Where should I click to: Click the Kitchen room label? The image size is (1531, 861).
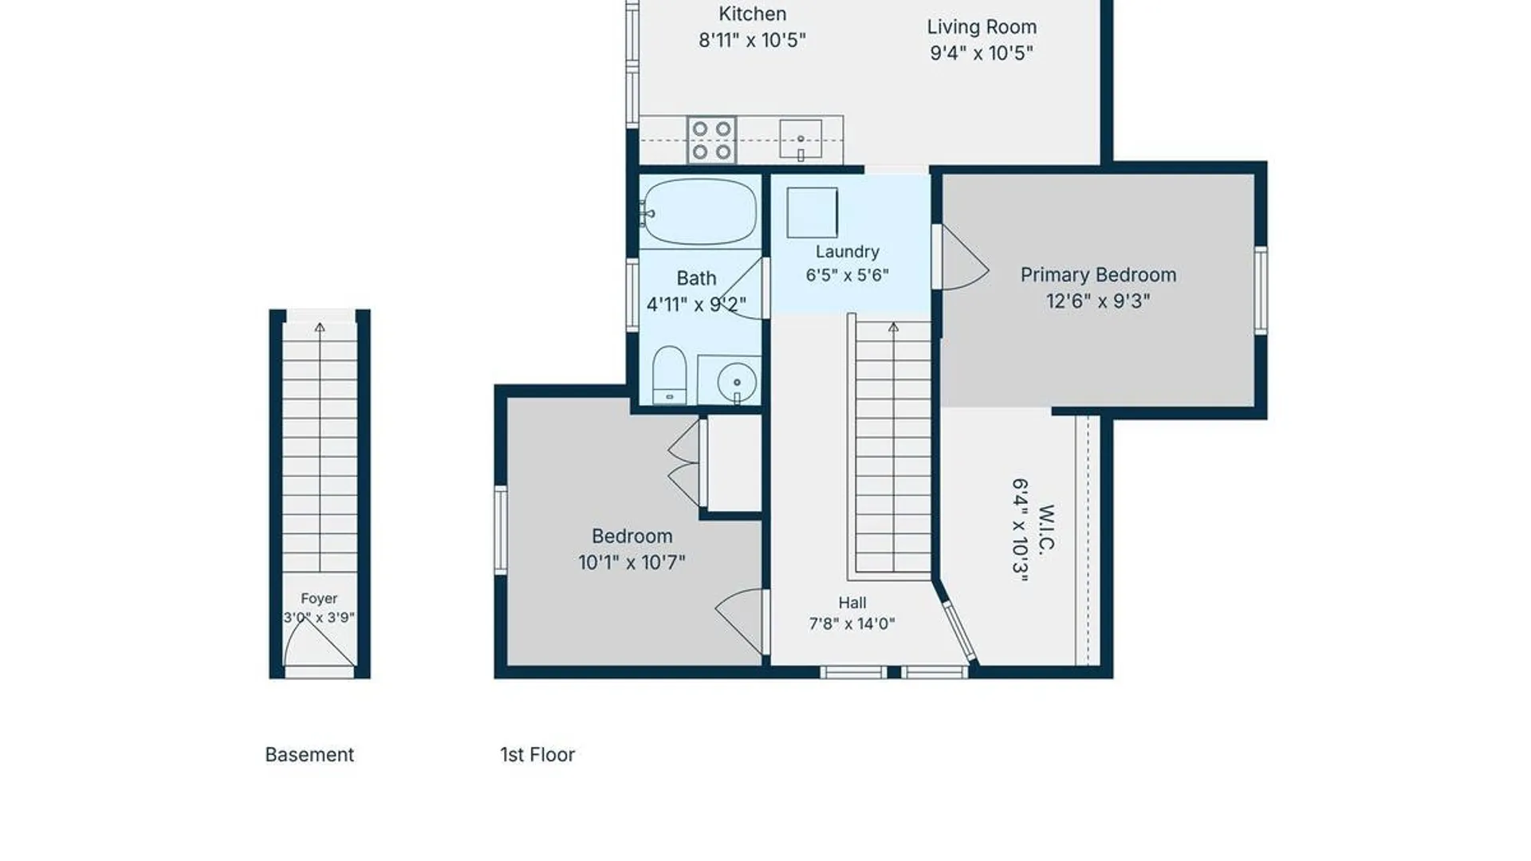(752, 14)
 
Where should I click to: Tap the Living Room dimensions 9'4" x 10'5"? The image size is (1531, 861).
(982, 53)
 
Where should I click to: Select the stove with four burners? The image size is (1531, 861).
(711, 140)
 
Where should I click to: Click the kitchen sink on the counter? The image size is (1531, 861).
(801, 140)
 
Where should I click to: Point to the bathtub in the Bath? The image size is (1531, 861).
(699, 212)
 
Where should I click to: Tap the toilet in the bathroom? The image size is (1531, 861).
(669, 375)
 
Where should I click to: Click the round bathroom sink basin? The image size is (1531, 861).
(737, 383)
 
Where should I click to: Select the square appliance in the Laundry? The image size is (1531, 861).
(812, 212)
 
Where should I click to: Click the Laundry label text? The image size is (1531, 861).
(847, 252)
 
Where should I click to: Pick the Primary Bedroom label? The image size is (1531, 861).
(1098, 275)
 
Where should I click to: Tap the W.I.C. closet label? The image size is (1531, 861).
(1046, 529)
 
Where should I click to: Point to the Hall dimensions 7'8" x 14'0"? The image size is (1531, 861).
(852, 623)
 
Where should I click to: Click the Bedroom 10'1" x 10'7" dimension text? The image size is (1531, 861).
(632, 562)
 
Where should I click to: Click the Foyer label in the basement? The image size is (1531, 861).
(319, 598)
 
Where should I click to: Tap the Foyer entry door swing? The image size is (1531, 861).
(320, 643)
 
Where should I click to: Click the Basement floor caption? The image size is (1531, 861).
(309, 754)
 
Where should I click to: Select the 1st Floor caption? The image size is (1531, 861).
(537, 754)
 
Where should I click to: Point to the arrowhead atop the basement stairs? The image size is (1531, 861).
(320, 327)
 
